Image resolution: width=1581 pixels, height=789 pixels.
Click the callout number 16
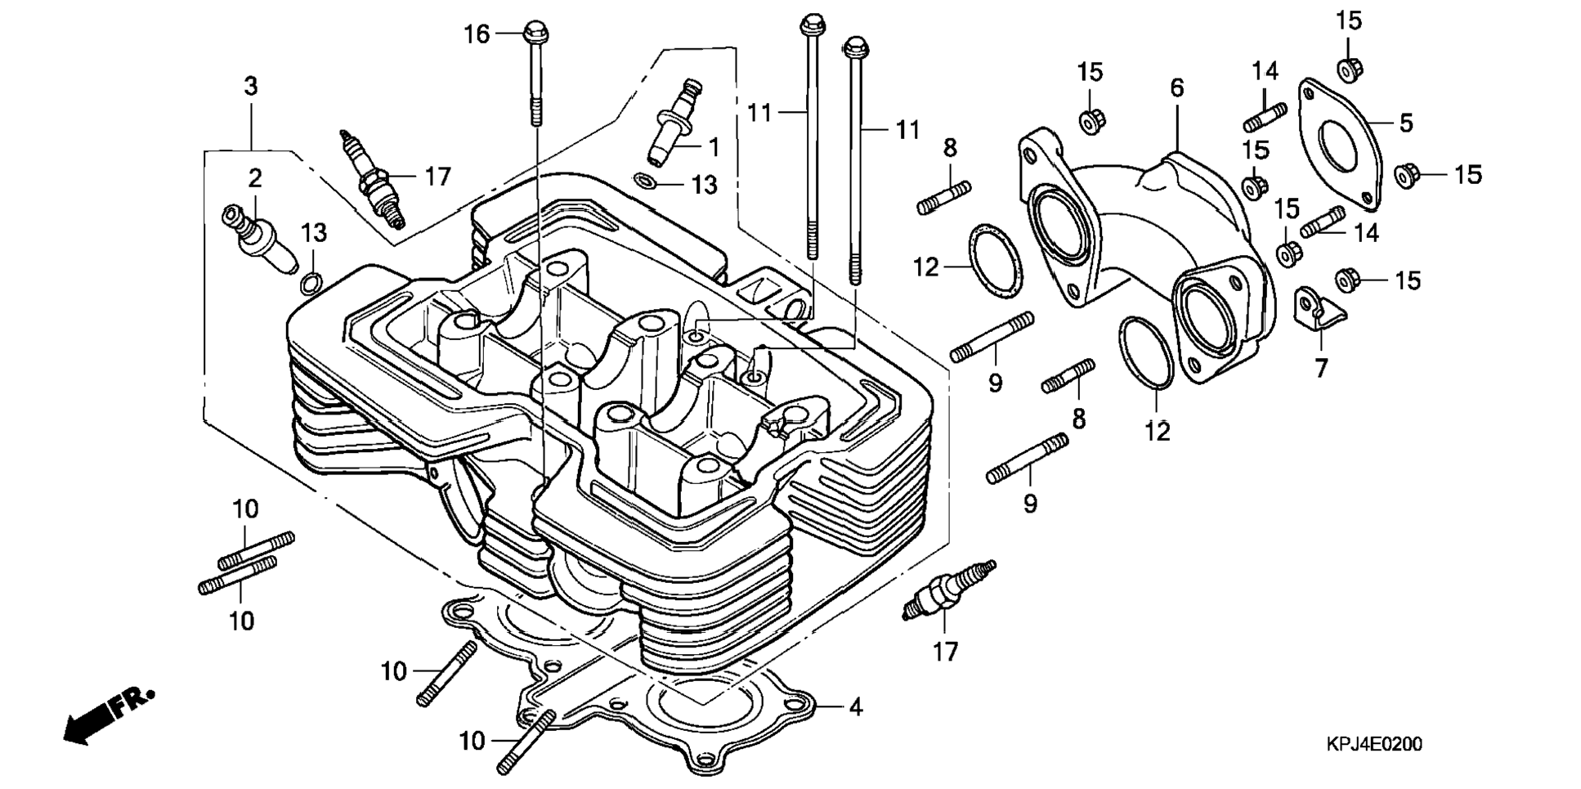[x=477, y=34]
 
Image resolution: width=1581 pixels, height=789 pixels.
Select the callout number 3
[x=251, y=86]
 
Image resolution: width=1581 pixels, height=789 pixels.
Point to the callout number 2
[x=255, y=178]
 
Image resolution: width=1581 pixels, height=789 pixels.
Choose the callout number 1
[x=714, y=148]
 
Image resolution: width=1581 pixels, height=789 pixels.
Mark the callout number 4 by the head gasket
[x=855, y=706]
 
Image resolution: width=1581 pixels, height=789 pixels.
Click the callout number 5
[x=1405, y=123]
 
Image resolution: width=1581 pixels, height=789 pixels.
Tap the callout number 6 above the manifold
[x=1176, y=87]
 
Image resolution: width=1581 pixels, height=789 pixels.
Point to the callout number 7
[x=1321, y=369]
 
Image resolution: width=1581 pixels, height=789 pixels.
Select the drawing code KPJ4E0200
[x=1373, y=744]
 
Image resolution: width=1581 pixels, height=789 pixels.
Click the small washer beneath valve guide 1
[x=644, y=180]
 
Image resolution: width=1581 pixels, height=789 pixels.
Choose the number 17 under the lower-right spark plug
[x=945, y=652]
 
